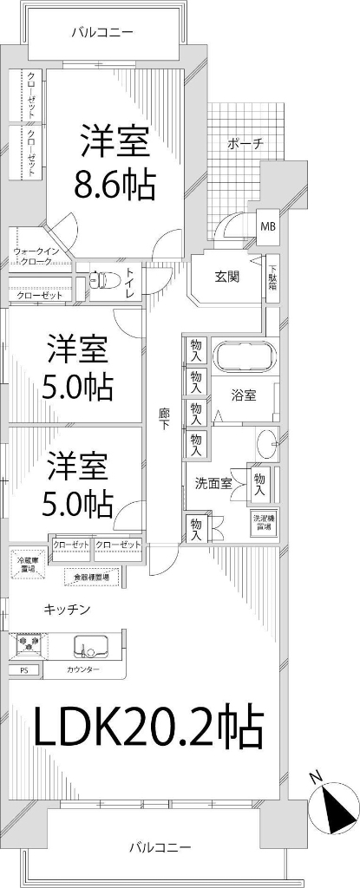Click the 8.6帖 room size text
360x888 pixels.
point(115,185)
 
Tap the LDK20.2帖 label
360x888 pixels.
point(147,728)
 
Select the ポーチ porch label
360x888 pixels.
point(246,143)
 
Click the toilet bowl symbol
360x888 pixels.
point(105,280)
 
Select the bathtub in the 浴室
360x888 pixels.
point(244,357)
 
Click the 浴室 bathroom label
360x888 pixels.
point(243,395)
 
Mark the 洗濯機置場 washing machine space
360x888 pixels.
point(261,522)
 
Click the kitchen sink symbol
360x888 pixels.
point(89,646)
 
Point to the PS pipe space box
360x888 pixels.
point(23,670)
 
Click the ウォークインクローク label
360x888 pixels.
point(36,256)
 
